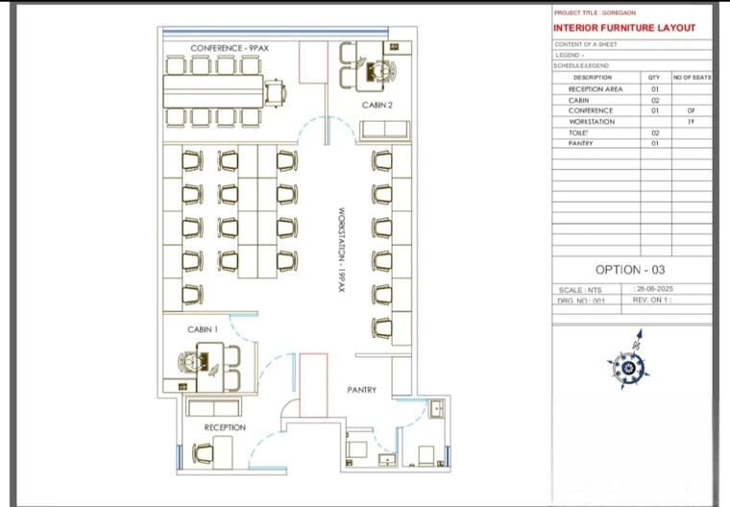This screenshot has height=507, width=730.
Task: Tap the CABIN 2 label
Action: click(x=377, y=105)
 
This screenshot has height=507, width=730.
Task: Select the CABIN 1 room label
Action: click(x=203, y=329)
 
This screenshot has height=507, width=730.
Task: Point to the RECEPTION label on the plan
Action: click(x=225, y=427)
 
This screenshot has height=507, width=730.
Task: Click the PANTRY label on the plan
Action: click(x=361, y=390)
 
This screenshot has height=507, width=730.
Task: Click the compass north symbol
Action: click(x=629, y=362)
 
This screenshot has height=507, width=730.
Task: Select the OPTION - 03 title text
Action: click(x=629, y=270)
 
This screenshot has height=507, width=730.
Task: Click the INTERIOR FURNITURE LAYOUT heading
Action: click(x=624, y=28)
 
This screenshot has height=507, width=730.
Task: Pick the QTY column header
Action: click(x=654, y=77)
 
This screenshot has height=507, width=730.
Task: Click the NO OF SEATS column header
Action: click(x=691, y=77)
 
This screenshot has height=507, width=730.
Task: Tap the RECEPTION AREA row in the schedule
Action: click(x=595, y=89)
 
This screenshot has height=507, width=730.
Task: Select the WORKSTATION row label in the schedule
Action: click(x=591, y=122)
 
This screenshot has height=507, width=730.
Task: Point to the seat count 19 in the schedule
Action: click(x=691, y=122)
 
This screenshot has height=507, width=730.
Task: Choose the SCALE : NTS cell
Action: click(x=581, y=289)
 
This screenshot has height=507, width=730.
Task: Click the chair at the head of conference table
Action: click(x=276, y=92)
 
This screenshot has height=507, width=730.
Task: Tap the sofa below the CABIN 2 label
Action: click(x=383, y=130)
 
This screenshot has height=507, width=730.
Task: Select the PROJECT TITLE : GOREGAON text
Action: click(x=595, y=12)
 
